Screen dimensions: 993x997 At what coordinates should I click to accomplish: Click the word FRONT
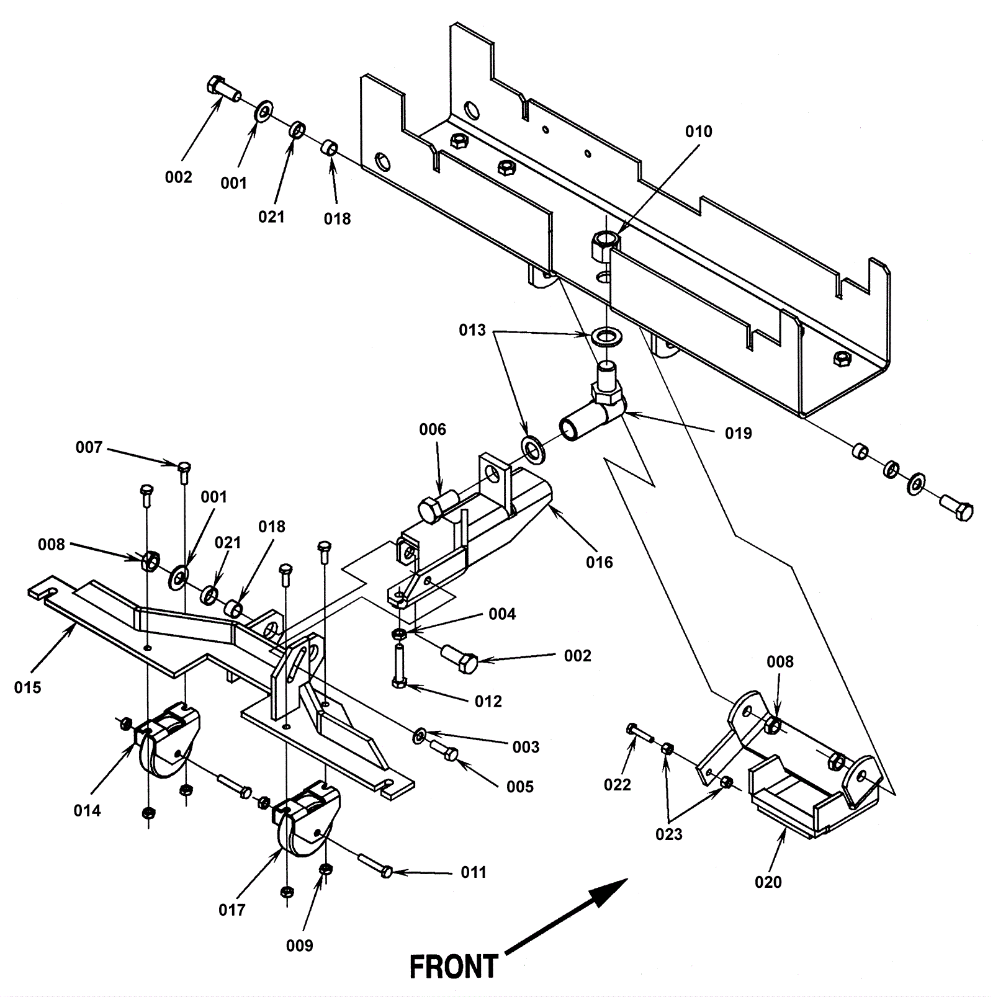(454, 967)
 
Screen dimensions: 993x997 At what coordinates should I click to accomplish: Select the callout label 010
(699, 132)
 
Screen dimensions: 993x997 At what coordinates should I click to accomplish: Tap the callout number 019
(739, 433)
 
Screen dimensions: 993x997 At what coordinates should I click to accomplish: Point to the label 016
(600, 562)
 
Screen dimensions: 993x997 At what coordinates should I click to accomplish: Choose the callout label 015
(28, 687)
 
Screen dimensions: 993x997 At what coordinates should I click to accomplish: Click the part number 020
(768, 882)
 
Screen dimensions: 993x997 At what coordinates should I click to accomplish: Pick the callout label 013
(472, 330)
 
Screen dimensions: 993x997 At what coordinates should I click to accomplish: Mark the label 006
(433, 429)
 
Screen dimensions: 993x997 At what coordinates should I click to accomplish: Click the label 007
(89, 447)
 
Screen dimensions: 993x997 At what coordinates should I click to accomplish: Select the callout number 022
(618, 785)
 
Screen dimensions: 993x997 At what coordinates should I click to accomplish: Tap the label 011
(474, 872)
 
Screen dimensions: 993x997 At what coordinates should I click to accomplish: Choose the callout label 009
(300, 946)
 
